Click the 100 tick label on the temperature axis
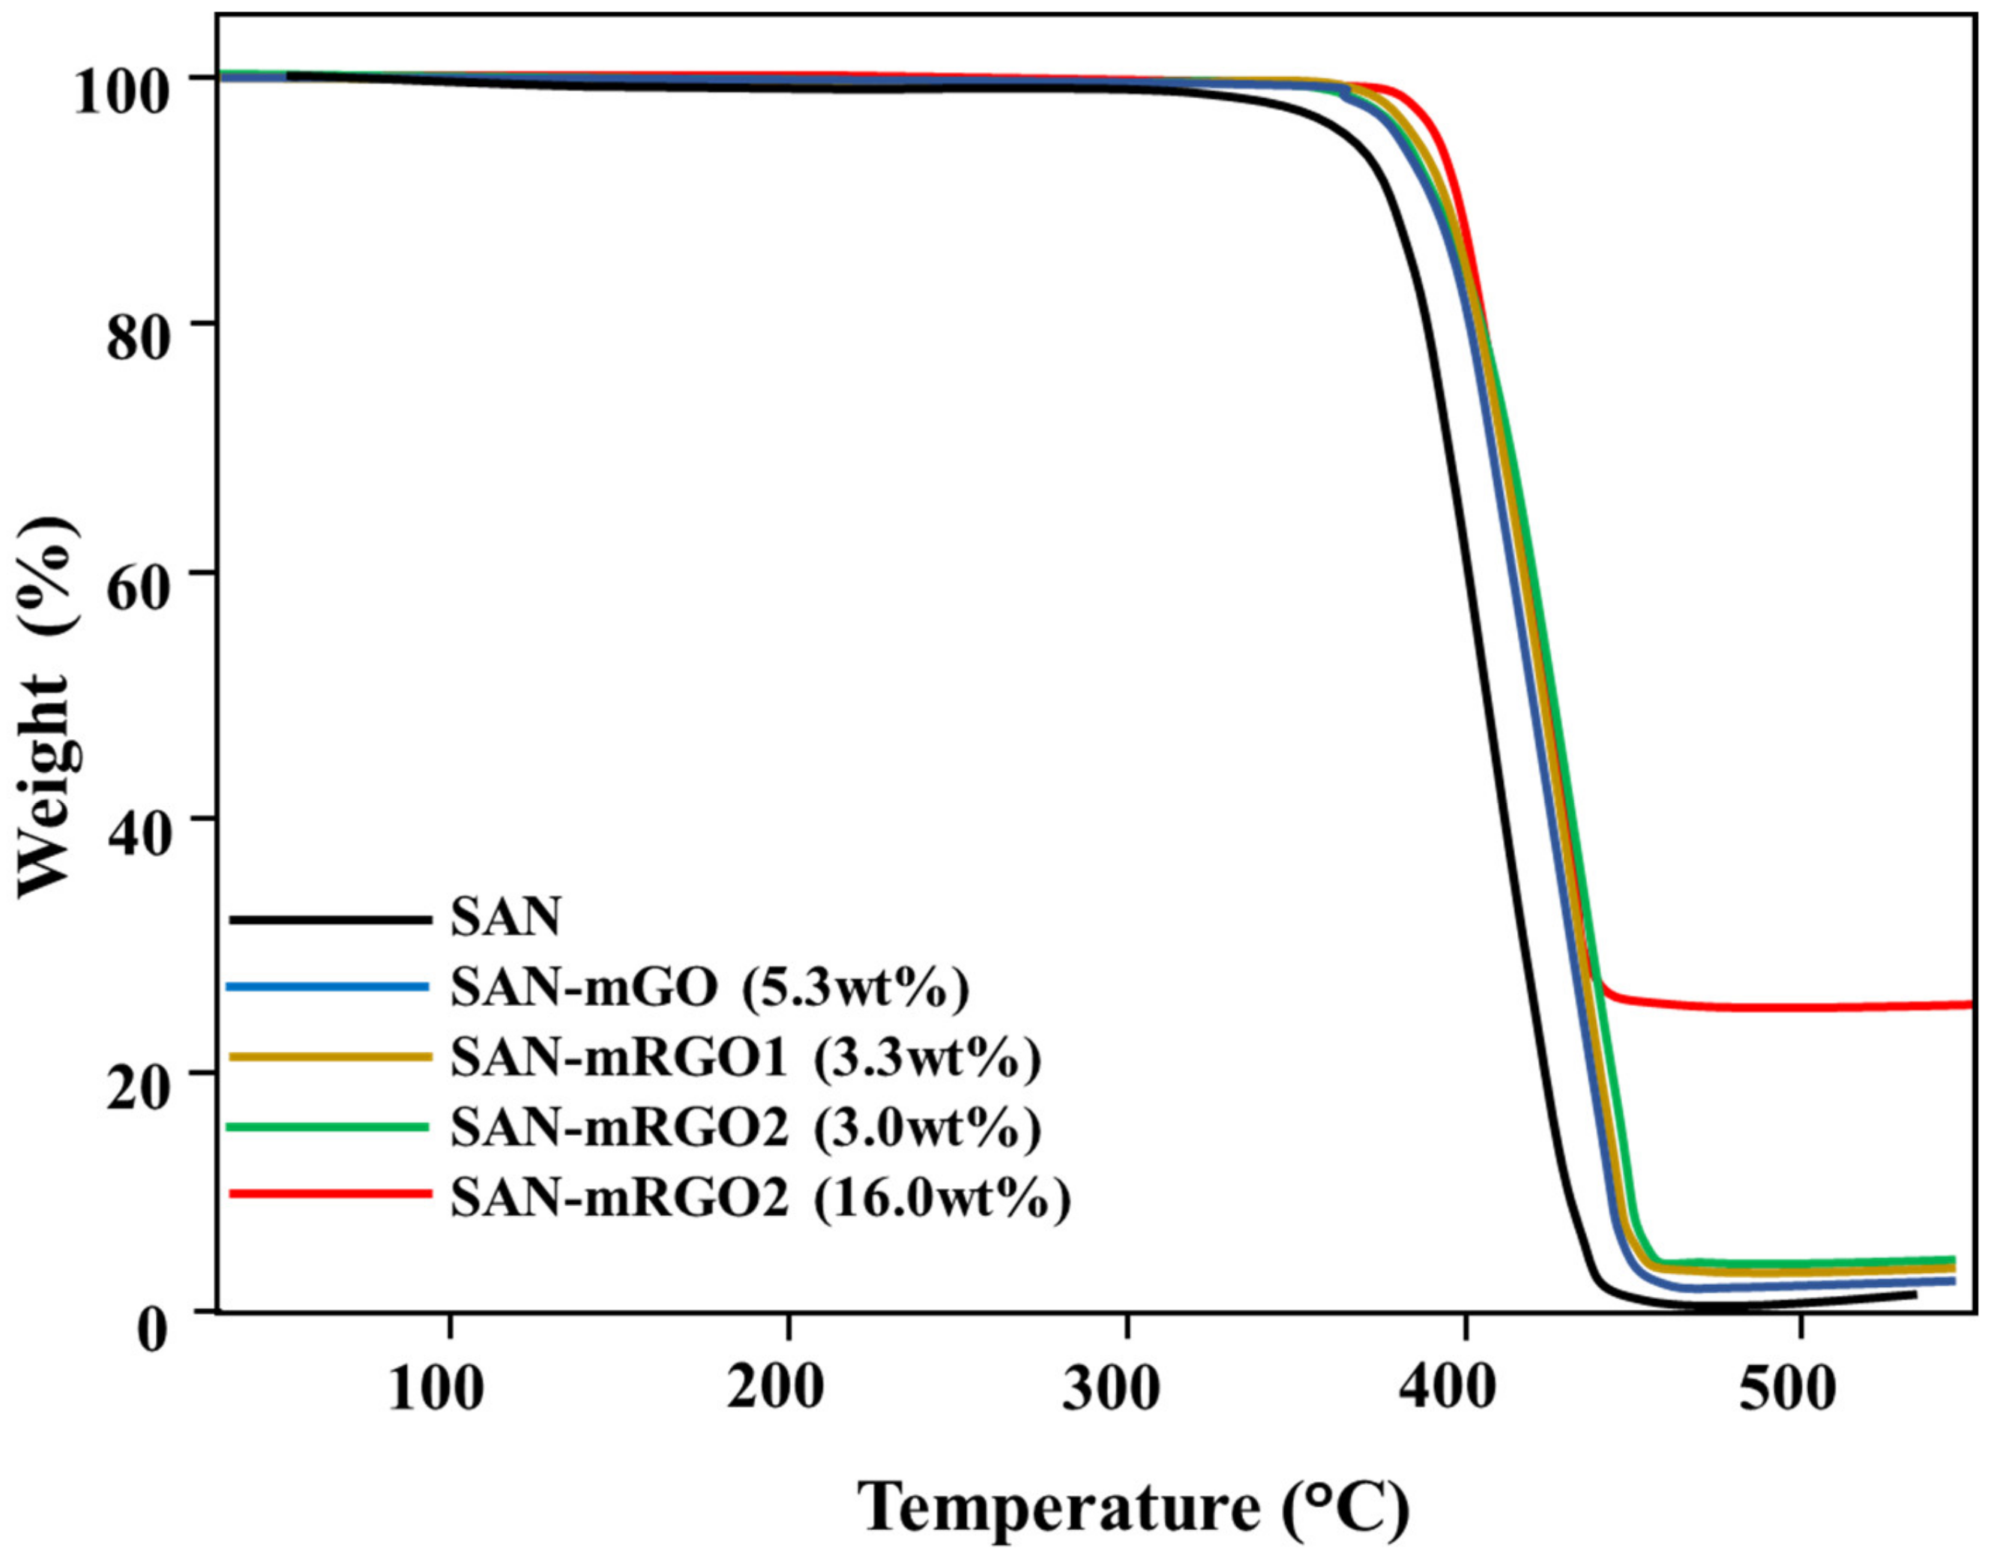tap(436, 1390)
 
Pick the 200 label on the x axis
tap(775, 1390)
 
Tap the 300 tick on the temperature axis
tap(1112, 1390)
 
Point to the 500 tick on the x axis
tap(1786, 1390)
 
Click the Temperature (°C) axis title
tap(1133, 1506)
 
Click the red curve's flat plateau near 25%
tap(1785, 1008)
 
